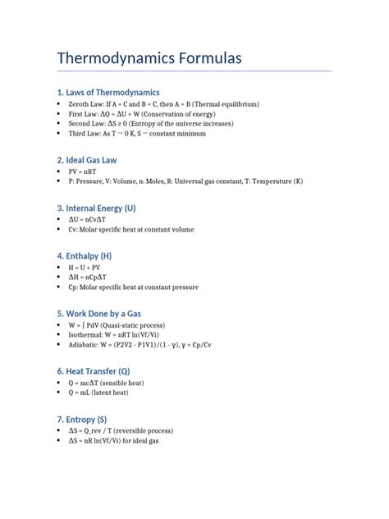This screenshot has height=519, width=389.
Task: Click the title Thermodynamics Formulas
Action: pyautogui.click(x=149, y=59)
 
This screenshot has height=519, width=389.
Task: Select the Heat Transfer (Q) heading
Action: pyautogui.click(x=99, y=371)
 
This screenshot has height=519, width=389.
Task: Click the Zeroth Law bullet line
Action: pyautogui.click(x=164, y=105)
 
